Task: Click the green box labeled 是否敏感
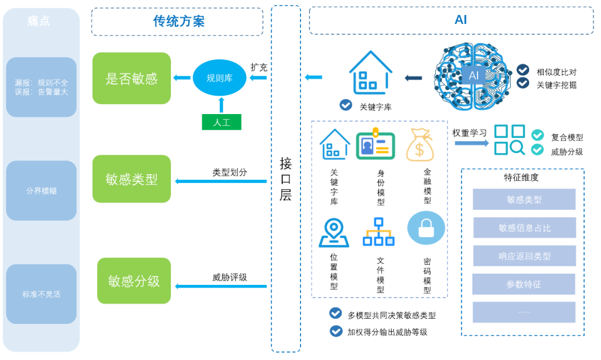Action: coord(131,78)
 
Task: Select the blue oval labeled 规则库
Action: coord(219,78)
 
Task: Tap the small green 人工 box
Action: coord(221,122)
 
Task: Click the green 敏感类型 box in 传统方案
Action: coord(131,179)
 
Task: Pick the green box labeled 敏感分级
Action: coord(134,280)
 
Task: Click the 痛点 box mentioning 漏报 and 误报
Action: coord(41,87)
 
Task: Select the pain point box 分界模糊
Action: coord(41,190)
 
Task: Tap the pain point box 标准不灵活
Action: coord(41,294)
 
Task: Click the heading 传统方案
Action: coord(179,21)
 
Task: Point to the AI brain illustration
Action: coord(472,76)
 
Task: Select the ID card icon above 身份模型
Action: coord(375,144)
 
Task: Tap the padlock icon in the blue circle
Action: coord(426,228)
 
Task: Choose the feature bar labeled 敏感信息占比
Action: coord(524,228)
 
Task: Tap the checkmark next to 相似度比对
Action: coord(523,70)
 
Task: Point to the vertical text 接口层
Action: coord(285,179)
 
